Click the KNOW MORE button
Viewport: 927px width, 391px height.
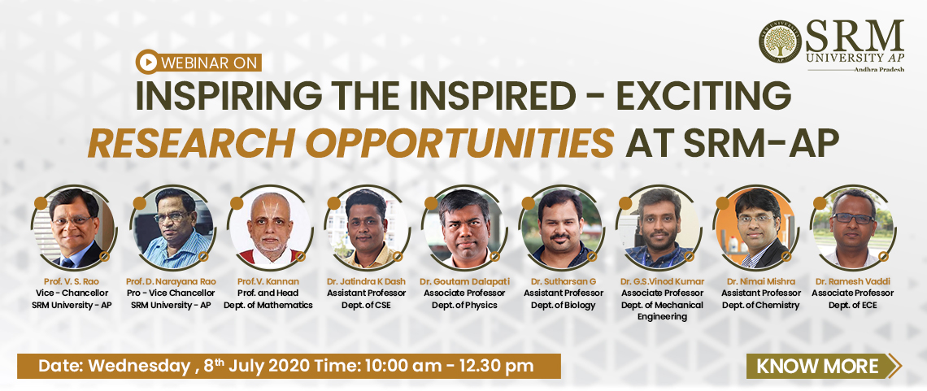click(823, 366)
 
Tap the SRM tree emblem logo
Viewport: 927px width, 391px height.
click(781, 42)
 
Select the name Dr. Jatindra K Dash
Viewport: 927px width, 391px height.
click(366, 282)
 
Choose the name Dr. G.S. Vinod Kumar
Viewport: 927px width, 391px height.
click(662, 282)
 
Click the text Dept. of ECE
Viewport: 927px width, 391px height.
click(852, 306)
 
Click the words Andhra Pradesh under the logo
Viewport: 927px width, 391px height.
click(878, 70)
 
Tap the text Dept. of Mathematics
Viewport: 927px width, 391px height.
click(268, 306)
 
